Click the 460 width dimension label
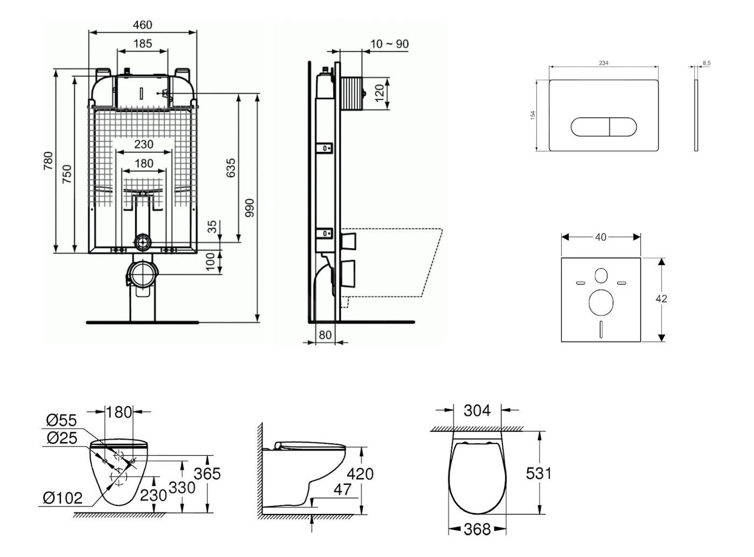click(x=142, y=25)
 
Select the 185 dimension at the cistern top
click(x=142, y=44)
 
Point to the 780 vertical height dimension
click(x=48, y=162)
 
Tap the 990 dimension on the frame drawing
click(x=249, y=208)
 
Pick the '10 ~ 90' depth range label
click(x=389, y=44)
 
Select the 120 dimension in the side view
click(x=380, y=93)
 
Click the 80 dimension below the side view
click(x=325, y=335)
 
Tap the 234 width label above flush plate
click(x=604, y=63)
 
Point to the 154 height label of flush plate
click(x=533, y=115)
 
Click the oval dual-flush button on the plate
click(x=603, y=127)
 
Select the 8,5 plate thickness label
click(x=706, y=63)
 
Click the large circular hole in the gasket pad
click(x=601, y=302)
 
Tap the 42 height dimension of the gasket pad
click(x=661, y=298)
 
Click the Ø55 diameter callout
click(x=61, y=420)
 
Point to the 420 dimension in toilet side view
click(x=360, y=474)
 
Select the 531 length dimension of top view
click(x=539, y=473)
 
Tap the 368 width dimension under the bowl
click(x=477, y=530)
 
